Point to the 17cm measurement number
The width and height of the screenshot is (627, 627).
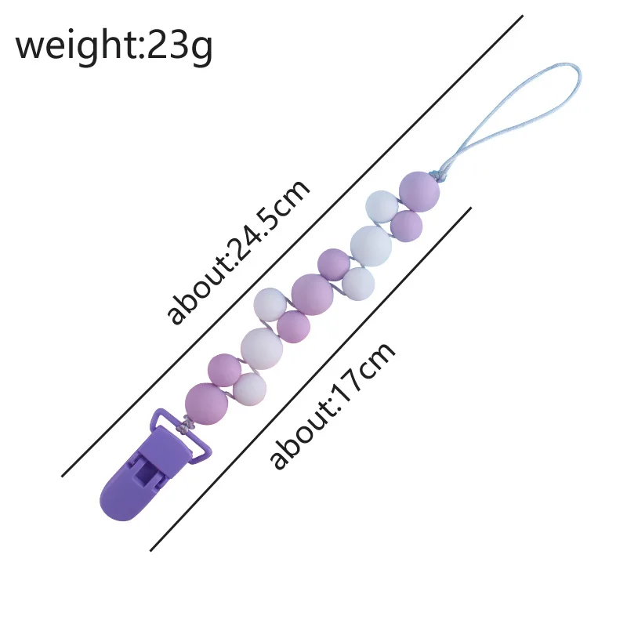[361, 372]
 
